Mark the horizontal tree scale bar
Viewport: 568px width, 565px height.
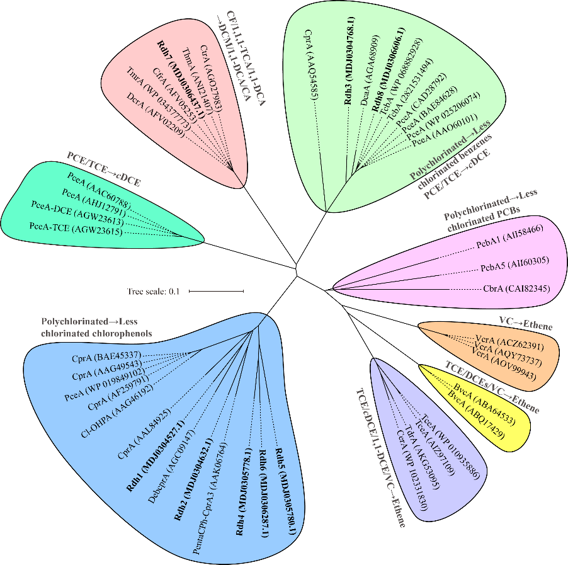pos(215,291)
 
